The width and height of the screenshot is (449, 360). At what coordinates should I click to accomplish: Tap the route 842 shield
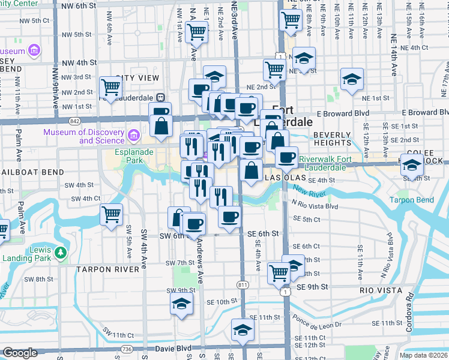(x=74, y=121)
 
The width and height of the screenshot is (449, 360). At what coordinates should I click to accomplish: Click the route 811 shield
(x=243, y=284)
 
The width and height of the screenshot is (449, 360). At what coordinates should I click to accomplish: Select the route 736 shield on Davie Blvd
(x=126, y=349)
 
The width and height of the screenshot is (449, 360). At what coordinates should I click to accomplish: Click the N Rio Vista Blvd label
(x=315, y=206)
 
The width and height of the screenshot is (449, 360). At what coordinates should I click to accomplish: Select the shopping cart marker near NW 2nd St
(x=111, y=88)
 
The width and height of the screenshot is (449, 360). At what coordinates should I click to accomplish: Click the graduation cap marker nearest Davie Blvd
(x=243, y=330)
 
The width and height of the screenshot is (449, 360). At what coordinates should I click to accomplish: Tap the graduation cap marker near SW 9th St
(x=181, y=304)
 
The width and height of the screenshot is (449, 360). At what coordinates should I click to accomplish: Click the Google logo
(x=20, y=353)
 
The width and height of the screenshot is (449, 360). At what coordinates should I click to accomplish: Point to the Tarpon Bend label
(x=411, y=200)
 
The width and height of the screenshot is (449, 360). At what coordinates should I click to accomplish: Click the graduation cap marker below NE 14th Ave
(x=352, y=79)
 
